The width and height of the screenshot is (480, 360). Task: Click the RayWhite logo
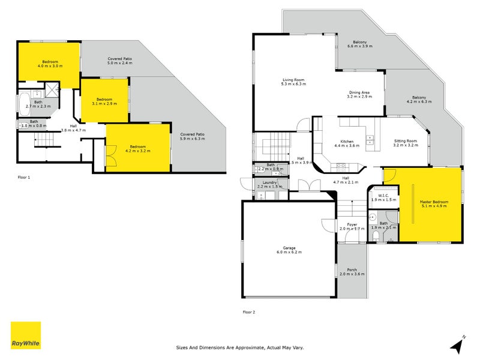(x=26, y=335)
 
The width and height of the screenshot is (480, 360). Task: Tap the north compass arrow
(x=458, y=345)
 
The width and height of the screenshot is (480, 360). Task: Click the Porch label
(x=352, y=270)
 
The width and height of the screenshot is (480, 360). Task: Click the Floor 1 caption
(x=24, y=178)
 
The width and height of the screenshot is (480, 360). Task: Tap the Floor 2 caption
(x=248, y=312)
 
